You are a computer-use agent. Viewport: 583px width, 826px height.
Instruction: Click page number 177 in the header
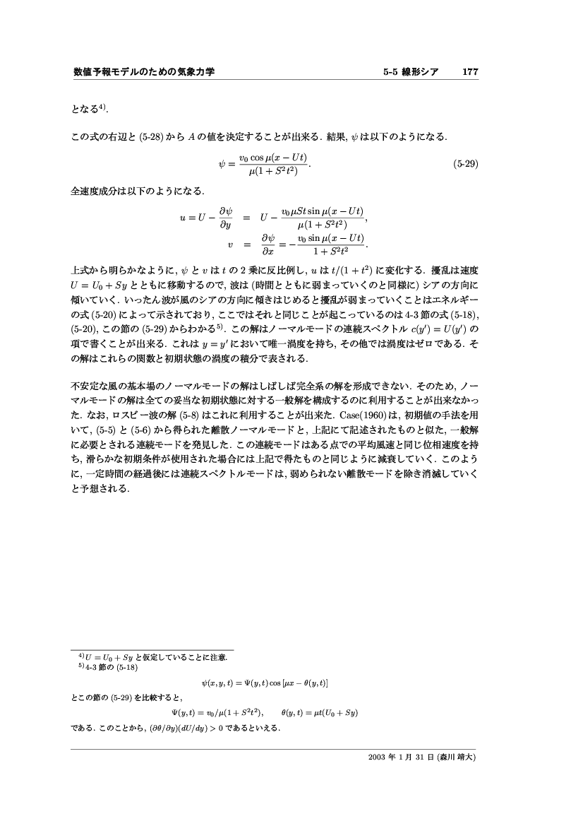(470, 72)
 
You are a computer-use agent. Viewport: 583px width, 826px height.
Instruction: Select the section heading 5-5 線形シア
(411, 72)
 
